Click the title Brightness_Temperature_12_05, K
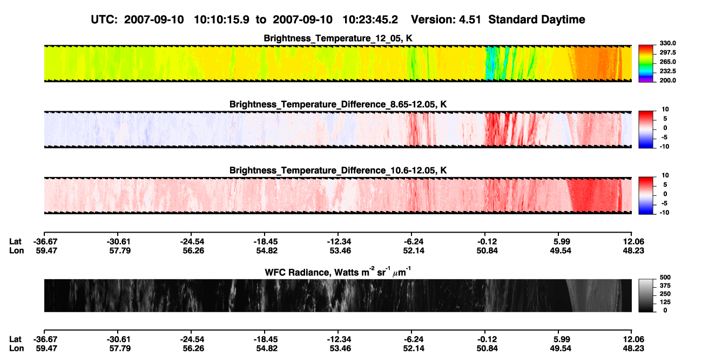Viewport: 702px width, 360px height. [338, 38]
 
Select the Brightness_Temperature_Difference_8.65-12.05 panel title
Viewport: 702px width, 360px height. [338, 104]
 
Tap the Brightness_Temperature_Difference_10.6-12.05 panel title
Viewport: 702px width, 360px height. [338, 171]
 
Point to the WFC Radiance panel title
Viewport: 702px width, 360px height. [338, 272]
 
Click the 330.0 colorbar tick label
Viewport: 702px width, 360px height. [667, 43]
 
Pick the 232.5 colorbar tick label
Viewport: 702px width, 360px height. [667, 71]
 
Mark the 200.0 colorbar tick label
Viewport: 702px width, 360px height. [667, 80]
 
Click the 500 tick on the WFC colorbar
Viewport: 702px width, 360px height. [665, 277]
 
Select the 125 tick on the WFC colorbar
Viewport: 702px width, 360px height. [665, 302]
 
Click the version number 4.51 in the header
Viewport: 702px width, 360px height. [470, 20]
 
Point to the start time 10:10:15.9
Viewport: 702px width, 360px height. [221, 20]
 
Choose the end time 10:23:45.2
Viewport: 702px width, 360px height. [370, 20]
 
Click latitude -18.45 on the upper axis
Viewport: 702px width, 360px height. [266, 242]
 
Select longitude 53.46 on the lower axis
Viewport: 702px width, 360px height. [340, 349]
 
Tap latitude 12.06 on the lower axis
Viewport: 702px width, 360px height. [633, 339]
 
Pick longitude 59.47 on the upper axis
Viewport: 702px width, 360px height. [46, 250]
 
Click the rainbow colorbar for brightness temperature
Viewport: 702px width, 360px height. [646, 64]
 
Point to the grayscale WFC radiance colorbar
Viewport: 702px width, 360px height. [646, 295]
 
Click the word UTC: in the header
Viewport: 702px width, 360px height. [104, 20]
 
